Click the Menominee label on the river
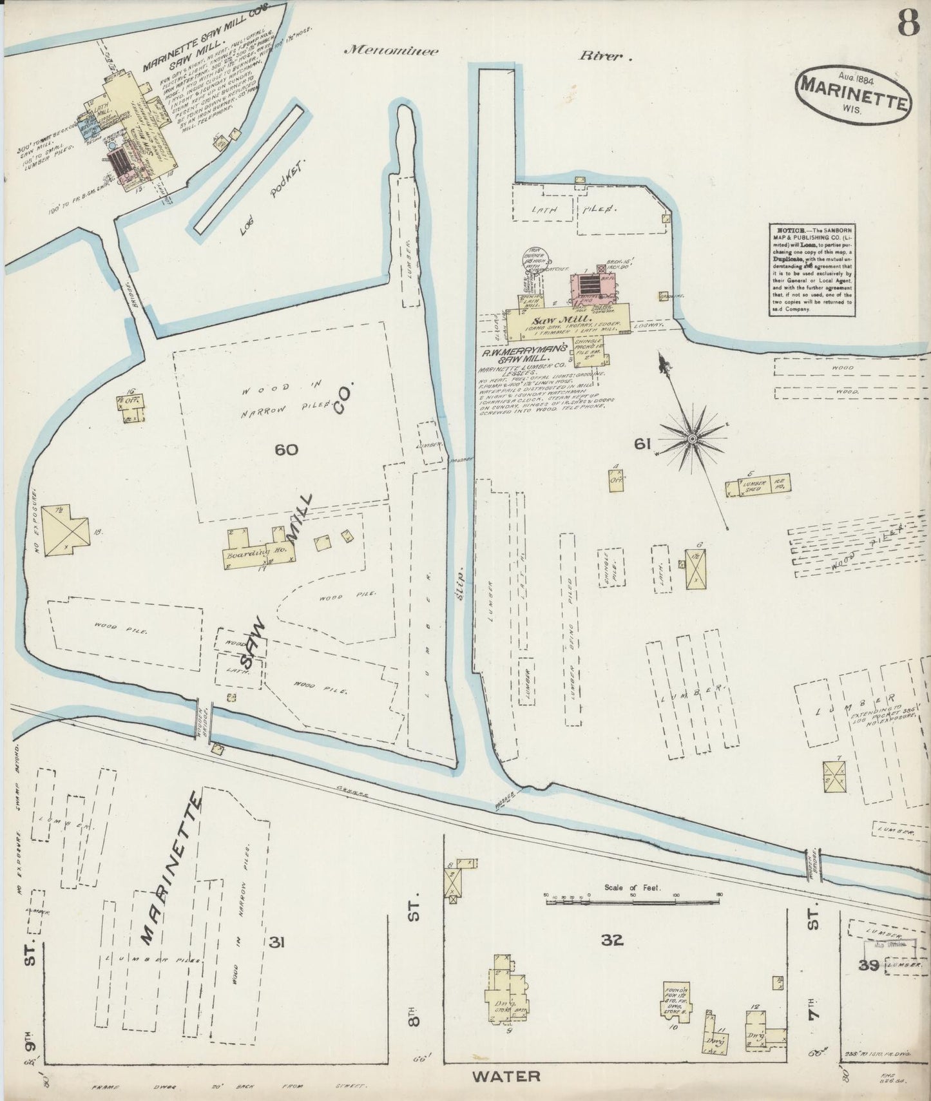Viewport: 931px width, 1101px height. pyautogui.click(x=391, y=52)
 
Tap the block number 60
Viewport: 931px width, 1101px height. pyautogui.click(x=286, y=449)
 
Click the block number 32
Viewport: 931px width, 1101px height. pyautogui.click(x=612, y=940)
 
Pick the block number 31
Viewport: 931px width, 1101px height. pyautogui.click(x=277, y=943)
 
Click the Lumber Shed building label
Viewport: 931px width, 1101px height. pyautogui.click(x=752, y=486)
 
